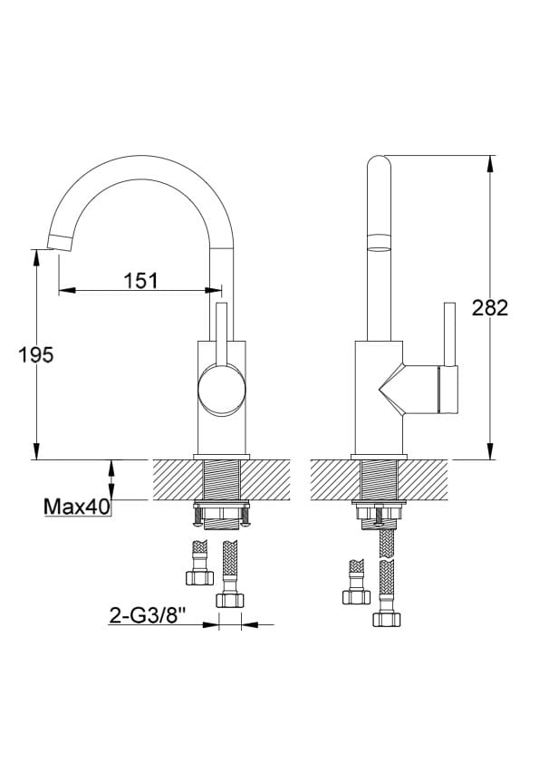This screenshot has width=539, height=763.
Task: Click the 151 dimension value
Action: (x=140, y=281)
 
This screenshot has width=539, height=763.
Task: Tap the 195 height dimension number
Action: (x=35, y=355)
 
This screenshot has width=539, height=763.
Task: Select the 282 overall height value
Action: (x=490, y=308)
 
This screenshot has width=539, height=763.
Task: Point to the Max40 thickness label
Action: (x=77, y=507)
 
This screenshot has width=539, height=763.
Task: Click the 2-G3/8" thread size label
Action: (x=148, y=616)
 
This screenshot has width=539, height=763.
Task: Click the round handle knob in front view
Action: (x=221, y=391)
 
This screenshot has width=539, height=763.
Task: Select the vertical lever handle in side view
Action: (x=450, y=334)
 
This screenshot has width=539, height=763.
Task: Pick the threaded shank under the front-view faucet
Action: (x=221, y=479)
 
